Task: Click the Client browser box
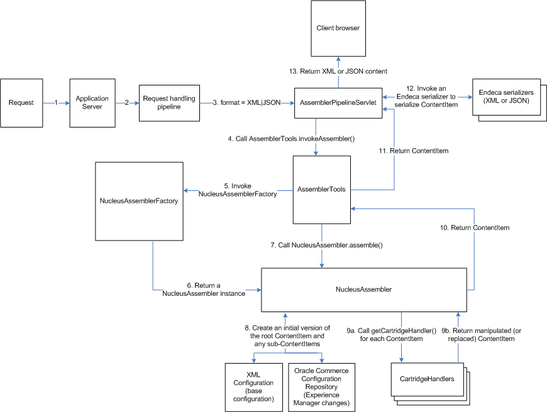(x=338, y=28)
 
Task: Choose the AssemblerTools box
(x=321, y=189)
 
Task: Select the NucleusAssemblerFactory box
(x=138, y=201)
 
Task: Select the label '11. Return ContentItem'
(x=404, y=151)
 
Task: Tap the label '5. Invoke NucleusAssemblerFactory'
(x=237, y=190)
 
